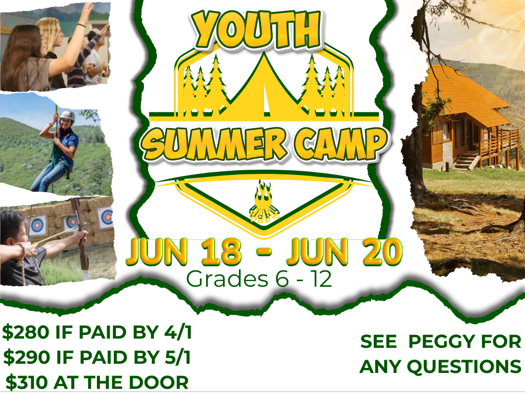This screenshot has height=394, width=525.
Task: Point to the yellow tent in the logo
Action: pyautogui.click(x=264, y=87)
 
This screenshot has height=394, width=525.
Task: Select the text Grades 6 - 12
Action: pyautogui.click(x=259, y=280)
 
